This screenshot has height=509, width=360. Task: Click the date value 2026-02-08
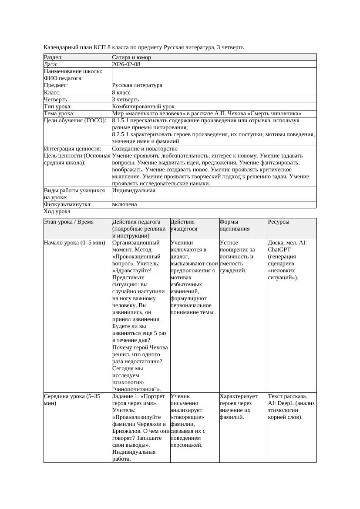pos(126,64)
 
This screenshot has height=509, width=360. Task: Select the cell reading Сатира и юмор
pos(131,57)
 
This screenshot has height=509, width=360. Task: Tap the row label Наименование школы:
pos(73,71)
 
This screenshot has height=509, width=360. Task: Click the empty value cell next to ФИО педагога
pos(213,78)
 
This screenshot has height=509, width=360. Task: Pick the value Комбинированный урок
pos(143,107)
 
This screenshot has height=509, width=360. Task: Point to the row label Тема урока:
pos(59,114)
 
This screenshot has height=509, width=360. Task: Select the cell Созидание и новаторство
pos(145,149)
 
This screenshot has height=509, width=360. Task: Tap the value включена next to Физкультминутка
pos(124,204)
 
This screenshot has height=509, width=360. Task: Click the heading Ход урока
pos(57,211)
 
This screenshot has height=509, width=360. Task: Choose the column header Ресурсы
pos(279,222)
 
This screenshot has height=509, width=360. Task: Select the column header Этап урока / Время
pos(69,222)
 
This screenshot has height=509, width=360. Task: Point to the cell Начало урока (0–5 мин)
pos(74,243)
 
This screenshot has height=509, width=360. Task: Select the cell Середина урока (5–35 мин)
pos(72,400)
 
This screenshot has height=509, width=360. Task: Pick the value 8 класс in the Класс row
pos(121,93)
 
